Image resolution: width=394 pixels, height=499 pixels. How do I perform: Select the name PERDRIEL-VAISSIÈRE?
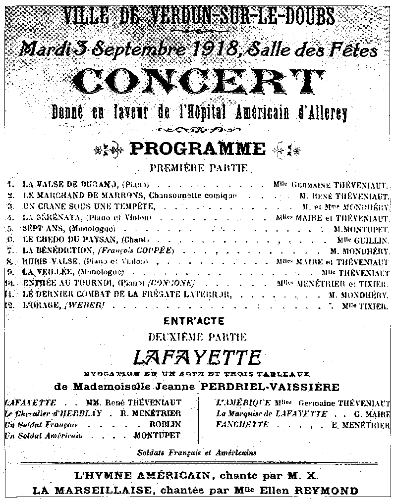[x=288, y=386]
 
